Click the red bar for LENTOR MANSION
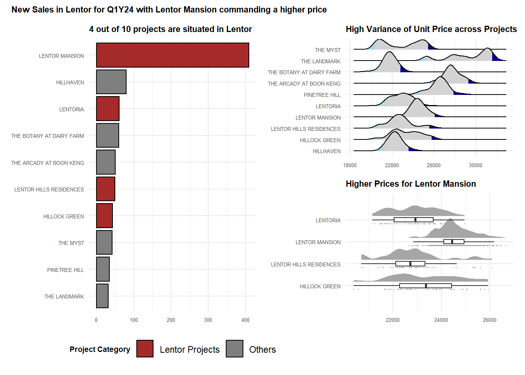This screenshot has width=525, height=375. pyautogui.click(x=172, y=55)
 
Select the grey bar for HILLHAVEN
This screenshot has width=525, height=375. pyautogui.click(x=111, y=82)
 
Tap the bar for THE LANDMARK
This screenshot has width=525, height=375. pyautogui.click(x=102, y=296)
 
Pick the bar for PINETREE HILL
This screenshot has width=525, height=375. pyautogui.click(x=103, y=269)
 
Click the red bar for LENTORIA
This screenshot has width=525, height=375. pyautogui.click(x=108, y=109)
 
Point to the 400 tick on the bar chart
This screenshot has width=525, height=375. pyautogui.click(x=245, y=320)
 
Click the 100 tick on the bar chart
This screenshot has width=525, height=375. pyautogui.click(x=134, y=320)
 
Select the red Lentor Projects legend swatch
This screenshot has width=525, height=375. pyautogui.click(x=145, y=349)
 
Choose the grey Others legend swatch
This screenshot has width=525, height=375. pyautogui.click(x=234, y=349)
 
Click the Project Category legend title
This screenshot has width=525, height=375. pyautogui.click(x=100, y=349)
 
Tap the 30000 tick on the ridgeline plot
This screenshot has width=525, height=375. pyautogui.click(x=475, y=165)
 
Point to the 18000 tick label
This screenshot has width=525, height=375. pyautogui.click(x=350, y=165)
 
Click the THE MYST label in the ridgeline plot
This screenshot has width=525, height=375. pyautogui.click(x=328, y=50)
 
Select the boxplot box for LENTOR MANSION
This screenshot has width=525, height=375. pyautogui.click(x=454, y=242)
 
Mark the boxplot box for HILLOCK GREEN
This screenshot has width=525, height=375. pyautogui.click(x=425, y=286)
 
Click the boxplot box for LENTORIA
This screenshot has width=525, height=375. pyautogui.click(x=414, y=220)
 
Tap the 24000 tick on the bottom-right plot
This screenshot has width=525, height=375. pyautogui.click(x=441, y=320)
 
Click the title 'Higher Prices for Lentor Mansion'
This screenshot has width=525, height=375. pyautogui.click(x=411, y=184)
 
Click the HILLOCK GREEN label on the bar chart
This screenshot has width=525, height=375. pyautogui.click(x=63, y=216)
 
